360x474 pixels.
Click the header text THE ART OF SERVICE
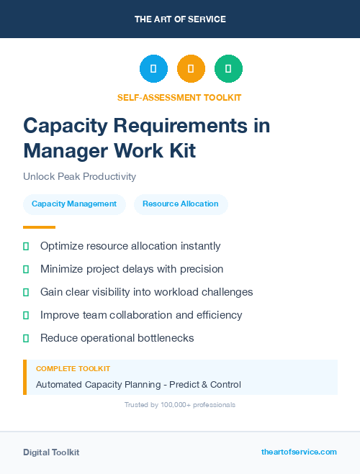coord(180,19)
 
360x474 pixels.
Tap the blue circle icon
coord(153,69)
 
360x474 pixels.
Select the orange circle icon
coord(191,69)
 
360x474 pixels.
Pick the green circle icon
coord(228,69)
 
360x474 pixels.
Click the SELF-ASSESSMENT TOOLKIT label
coord(180,97)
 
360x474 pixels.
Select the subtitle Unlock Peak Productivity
coord(79,176)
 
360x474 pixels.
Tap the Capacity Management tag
coord(74,204)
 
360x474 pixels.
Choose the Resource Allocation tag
coord(181,204)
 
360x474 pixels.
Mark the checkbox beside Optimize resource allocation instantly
coord(26,246)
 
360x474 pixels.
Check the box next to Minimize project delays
coord(26,269)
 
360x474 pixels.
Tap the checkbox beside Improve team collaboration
coord(26,315)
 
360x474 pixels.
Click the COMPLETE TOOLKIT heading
coord(73,368)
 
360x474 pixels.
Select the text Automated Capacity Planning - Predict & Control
coord(138,385)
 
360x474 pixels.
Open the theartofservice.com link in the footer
coord(299,452)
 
